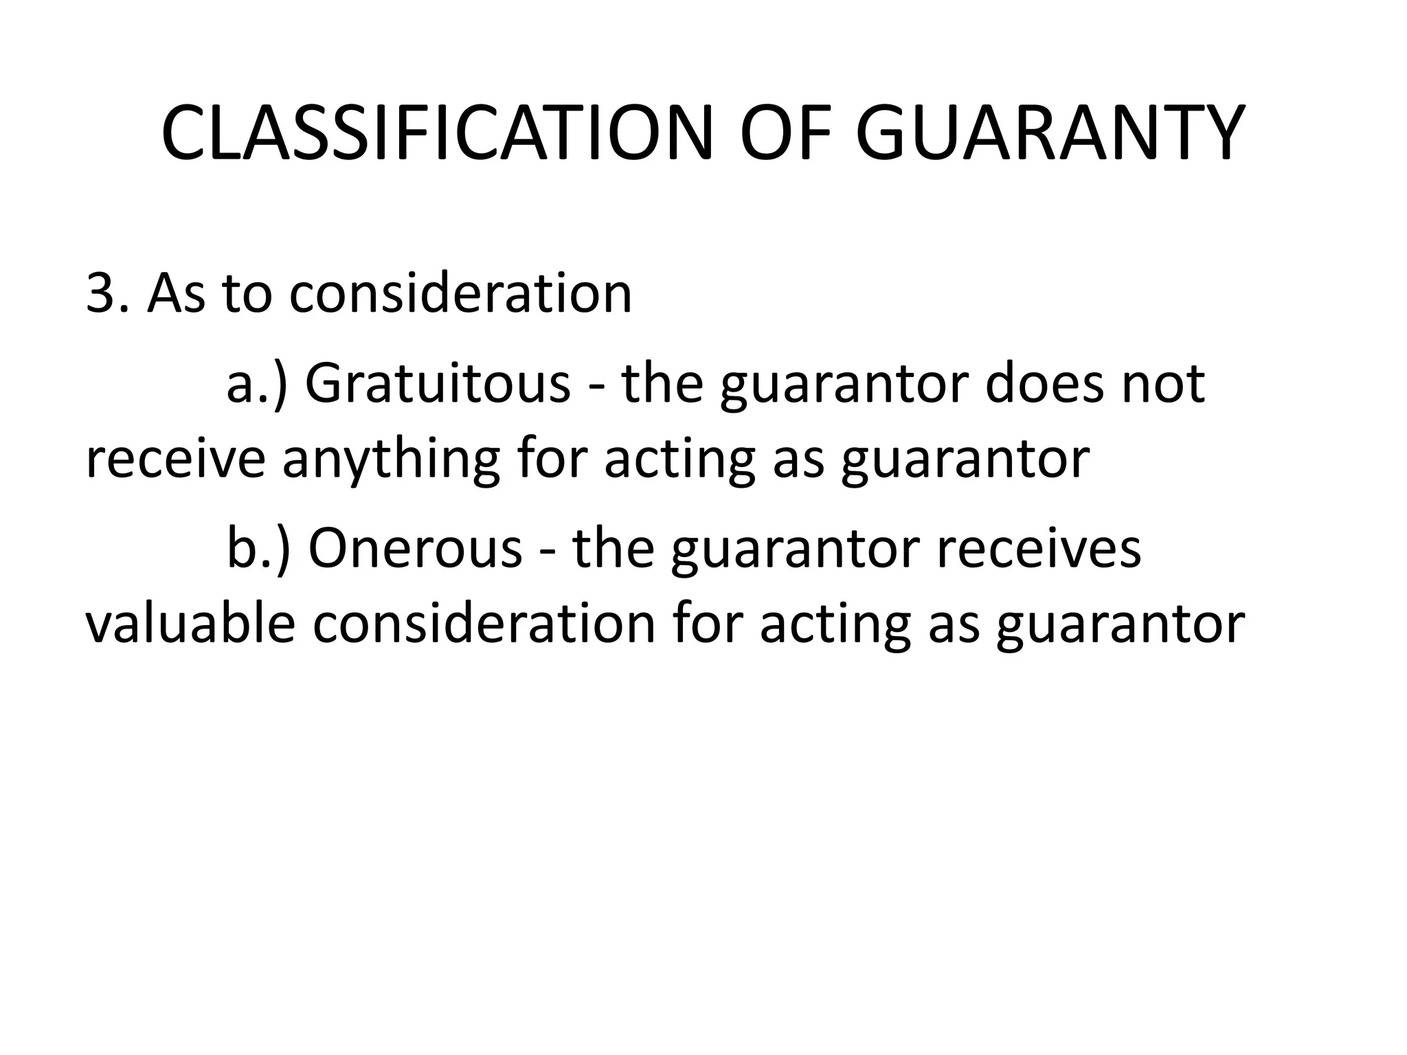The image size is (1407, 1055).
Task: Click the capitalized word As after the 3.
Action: pos(176,294)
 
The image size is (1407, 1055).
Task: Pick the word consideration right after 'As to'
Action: pos(460,294)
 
